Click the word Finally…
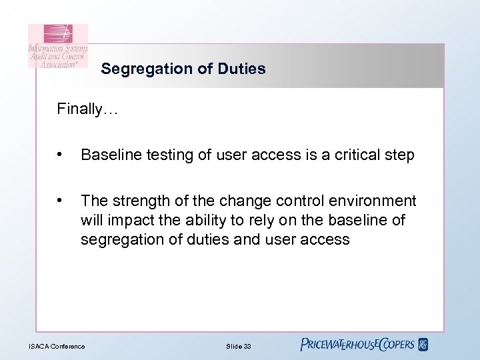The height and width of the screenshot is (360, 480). (x=87, y=109)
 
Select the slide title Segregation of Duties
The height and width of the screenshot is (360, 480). (x=183, y=69)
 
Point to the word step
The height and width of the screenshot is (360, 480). (x=400, y=155)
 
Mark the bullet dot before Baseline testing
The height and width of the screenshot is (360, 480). (x=61, y=155)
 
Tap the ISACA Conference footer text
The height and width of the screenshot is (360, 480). (x=57, y=346)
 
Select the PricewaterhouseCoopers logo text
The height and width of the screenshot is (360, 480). (x=357, y=345)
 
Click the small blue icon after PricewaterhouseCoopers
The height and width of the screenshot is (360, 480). (x=423, y=345)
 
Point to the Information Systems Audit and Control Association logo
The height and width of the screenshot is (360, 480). (x=57, y=46)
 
